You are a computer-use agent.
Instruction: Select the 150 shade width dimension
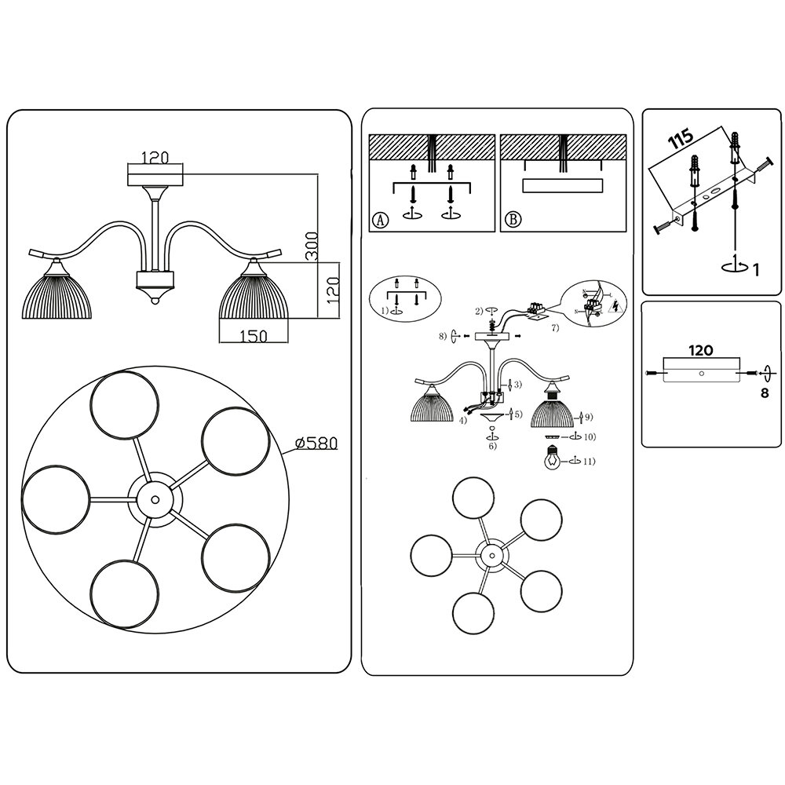pyautogui.click(x=254, y=335)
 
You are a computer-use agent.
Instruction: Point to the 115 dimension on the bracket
pyautogui.click(x=681, y=140)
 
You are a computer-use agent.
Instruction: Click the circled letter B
pyautogui.click(x=512, y=220)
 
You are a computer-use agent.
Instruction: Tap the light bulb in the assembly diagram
pyautogui.click(x=553, y=458)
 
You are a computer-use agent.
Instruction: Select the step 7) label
pyautogui.click(x=555, y=328)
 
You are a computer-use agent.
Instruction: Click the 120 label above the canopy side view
pyautogui.click(x=155, y=158)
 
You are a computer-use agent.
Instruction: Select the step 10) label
pyautogui.click(x=588, y=436)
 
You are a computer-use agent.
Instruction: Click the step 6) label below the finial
pyautogui.click(x=492, y=446)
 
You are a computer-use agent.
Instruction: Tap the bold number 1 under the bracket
pyautogui.click(x=754, y=271)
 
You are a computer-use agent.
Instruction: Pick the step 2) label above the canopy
pyautogui.click(x=478, y=312)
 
